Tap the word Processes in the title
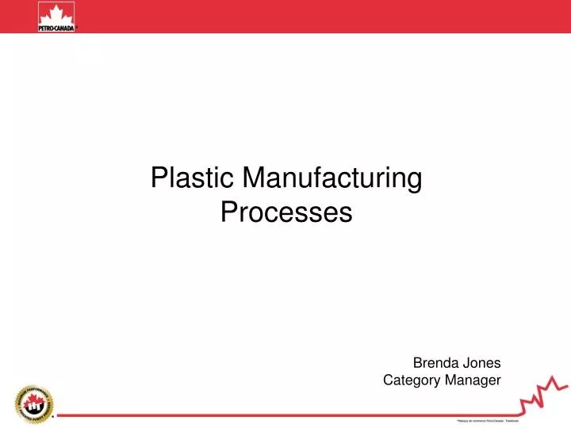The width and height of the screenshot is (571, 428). click(285, 212)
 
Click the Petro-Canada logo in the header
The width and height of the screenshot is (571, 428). click(56, 17)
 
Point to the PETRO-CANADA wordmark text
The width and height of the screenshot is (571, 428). click(56, 27)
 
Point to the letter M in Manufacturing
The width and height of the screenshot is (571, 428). click(254, 179)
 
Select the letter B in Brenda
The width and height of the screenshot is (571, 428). click(418, 363)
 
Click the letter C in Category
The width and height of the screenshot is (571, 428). click(389, 381)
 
